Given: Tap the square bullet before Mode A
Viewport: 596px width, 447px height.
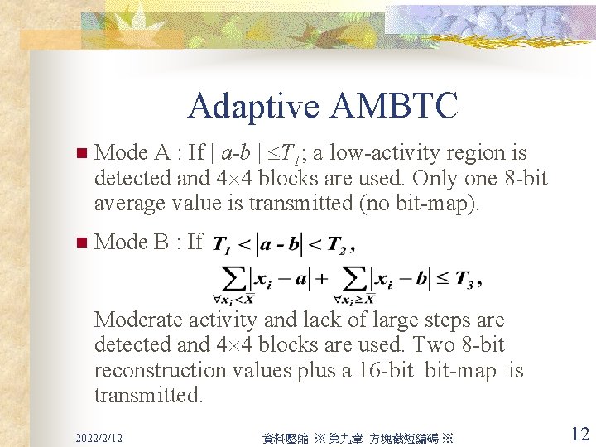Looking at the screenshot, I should (80, 154).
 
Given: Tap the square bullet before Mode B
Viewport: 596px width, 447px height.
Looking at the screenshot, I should (80, 243).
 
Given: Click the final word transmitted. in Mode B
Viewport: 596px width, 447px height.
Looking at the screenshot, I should (148, 395).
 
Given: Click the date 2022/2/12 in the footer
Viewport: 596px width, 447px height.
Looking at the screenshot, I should (99, 436).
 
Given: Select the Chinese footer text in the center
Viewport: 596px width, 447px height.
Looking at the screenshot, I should (355, 437).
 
